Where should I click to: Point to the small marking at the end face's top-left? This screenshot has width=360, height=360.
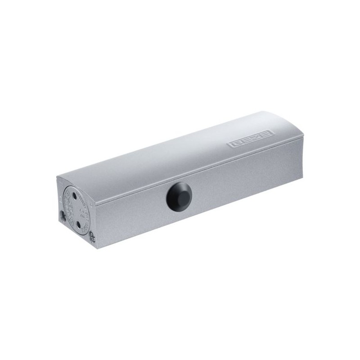point(60,184)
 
